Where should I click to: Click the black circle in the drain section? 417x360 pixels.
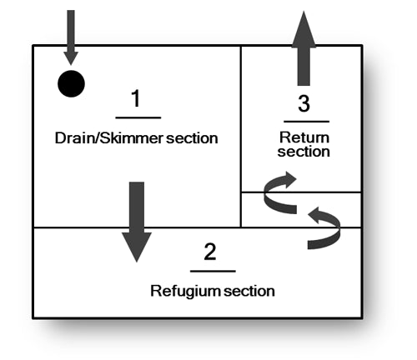[x=71, y=83]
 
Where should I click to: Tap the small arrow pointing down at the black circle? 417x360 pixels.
[x=71, y=37]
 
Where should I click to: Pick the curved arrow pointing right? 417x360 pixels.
[x=279, y=190]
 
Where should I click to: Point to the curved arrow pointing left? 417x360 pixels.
[x=324, y=228]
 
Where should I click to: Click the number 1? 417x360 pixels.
[x=135, y=101]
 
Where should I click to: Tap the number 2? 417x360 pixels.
[x=210, y=252]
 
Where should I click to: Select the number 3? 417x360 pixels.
[x=304, y=105]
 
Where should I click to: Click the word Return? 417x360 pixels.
[x=304, y=137]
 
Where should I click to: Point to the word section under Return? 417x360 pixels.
[x=304, y=152]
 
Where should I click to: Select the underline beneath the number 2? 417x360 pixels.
[x=213, y=270]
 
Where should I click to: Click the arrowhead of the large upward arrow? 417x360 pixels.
[x=304, y=25]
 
